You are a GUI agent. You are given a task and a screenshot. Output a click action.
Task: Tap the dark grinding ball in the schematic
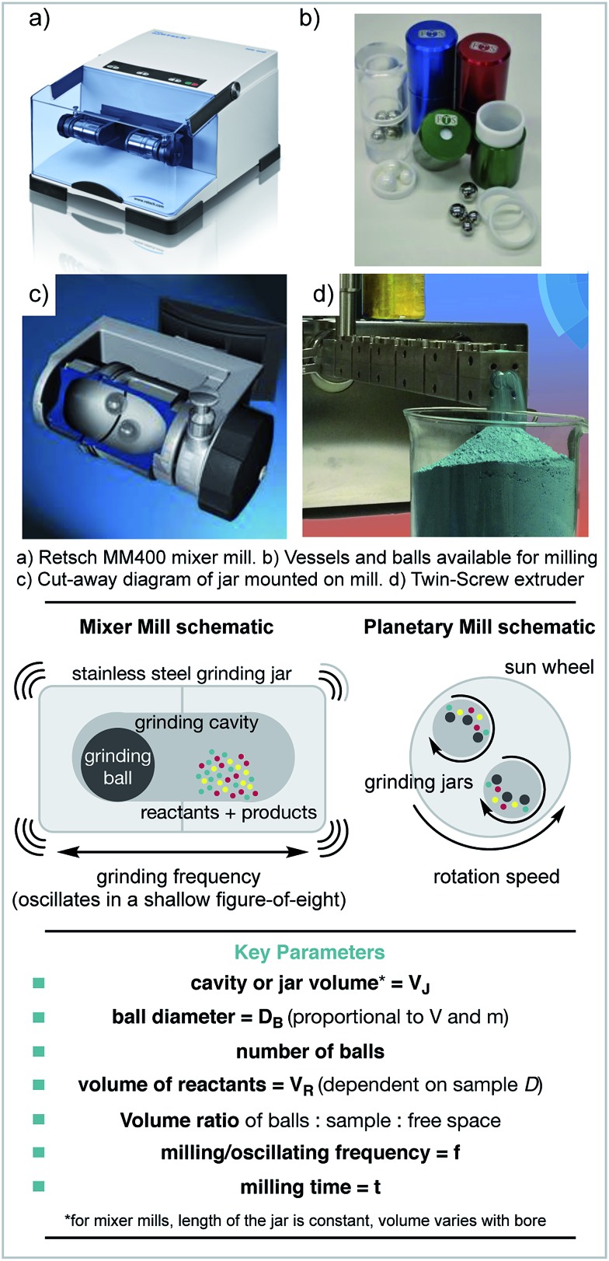[117, 767]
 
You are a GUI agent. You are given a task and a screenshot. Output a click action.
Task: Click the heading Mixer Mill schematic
[176, 626]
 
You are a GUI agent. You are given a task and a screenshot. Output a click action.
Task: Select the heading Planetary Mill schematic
[479, 626]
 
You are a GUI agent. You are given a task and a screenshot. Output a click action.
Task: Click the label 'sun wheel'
[549, 666]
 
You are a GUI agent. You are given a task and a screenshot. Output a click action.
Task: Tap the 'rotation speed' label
[496, 877]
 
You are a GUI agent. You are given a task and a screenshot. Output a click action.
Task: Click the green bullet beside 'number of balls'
[39, 1052]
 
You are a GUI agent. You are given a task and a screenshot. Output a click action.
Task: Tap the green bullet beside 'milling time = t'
[39, 1186]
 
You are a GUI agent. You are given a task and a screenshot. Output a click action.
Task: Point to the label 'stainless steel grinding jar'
[182, 673]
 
